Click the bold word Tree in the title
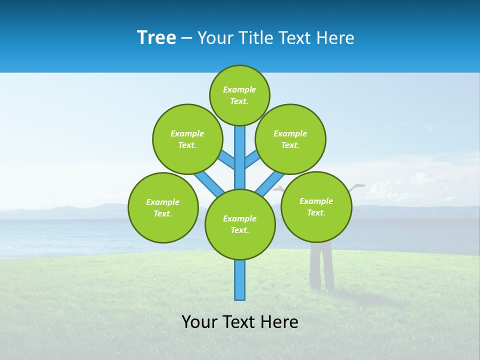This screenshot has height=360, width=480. click(x=156, y=38)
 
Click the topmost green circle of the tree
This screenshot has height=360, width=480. click(x=239, y=95)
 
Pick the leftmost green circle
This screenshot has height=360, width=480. click(x=163, y=207)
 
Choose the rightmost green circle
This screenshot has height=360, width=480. click(x=316, y=206)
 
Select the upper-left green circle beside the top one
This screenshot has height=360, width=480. click(x=187, y=139)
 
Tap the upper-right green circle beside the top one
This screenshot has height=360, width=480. click(x=290, y=139)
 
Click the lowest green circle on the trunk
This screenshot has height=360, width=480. click(x=240, y=224)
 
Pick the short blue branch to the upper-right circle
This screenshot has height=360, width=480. click(x=252, y=159)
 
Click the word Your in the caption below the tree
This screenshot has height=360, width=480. click(x=199, y=322)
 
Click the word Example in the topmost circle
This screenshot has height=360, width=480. click(x=239, y=89)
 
